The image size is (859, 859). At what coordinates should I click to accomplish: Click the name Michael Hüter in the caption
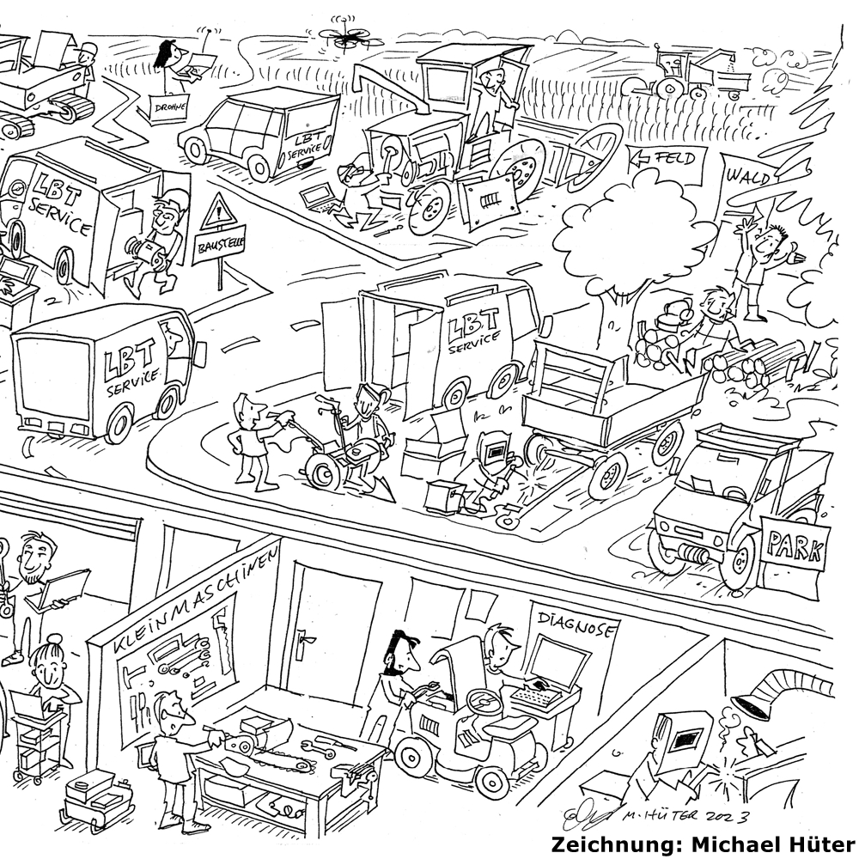point(768,842)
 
